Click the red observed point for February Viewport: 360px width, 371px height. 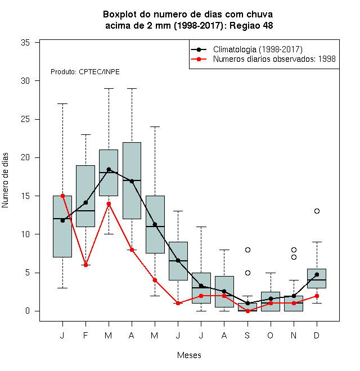[85, 265]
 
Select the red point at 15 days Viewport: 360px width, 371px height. [62, 196]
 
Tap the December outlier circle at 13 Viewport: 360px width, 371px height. [317, 211]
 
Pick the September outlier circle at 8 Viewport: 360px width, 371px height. [247, 250]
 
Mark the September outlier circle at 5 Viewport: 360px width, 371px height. [247, 273]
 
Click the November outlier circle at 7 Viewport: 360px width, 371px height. [294, 257]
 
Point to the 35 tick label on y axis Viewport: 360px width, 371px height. [25, 43]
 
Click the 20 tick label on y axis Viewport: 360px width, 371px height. [25, 157]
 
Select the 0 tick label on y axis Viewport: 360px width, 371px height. [28, 311]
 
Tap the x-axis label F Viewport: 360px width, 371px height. [85, 335]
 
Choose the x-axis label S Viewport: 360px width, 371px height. [247, 335]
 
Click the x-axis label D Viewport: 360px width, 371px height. [317, 335]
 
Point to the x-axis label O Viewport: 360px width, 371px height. [271, 335]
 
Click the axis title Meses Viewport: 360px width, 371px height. [189, 355]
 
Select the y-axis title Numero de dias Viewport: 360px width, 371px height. [5, 180]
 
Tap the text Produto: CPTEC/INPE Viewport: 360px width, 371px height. [85, 72]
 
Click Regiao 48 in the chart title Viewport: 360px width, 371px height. [251, 25]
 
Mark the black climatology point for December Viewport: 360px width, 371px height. [317, 274]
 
